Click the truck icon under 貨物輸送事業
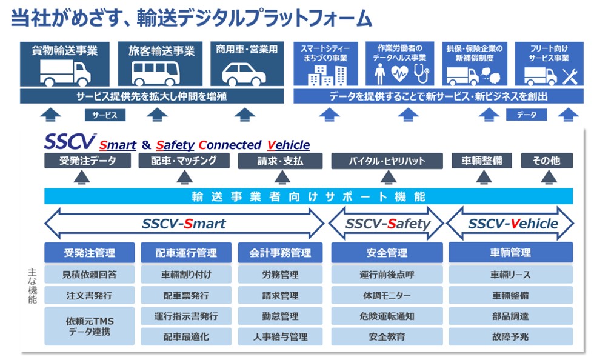(x=64, y=73)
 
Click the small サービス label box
(x=105, y=115)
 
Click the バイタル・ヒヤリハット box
(x=387, y=161)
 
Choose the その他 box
(x=546, y=161)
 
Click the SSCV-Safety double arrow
(x=387, y=224)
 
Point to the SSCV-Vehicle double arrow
(x=510, y=224)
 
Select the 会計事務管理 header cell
(x=280, y=253)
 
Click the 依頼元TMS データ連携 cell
(x=89, y=326)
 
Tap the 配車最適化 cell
(x=186, y=336)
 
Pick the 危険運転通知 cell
(x=387, y=316)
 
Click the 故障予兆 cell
(x=510, y=336)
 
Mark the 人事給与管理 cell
(x=280, y=336)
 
